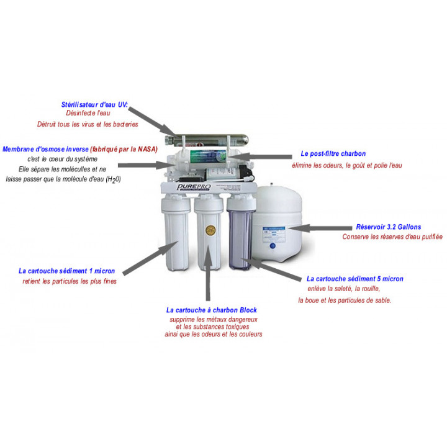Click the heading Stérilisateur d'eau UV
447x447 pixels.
pyautogui.click(x=94, y=105)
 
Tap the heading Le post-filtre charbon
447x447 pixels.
pyautogui.click(x=333, y=153)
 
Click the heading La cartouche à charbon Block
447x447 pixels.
pyautogui.click(x=211, y=310)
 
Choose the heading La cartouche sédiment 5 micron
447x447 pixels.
pyautogui.click(x=354, y=279)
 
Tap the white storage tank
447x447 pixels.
pyautogui.click(x=279, y=223)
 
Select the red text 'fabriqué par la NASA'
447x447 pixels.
pyautogui.click(x=124, y=150)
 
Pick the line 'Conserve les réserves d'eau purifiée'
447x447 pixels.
pyautogui.click(x=392, y=237)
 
